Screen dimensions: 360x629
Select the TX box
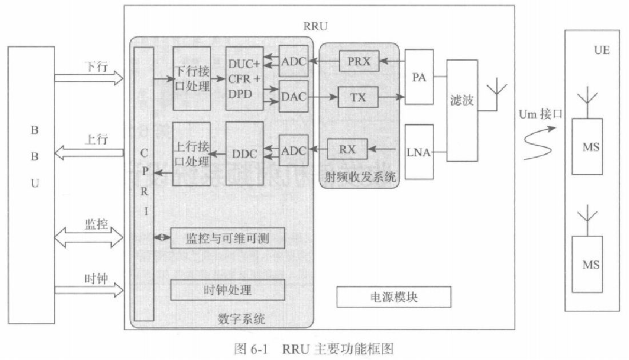359,98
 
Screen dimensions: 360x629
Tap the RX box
347,150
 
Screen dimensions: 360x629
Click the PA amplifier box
419,77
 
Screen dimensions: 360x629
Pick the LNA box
419,153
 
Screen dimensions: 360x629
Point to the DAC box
293,98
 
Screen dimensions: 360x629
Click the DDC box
244,153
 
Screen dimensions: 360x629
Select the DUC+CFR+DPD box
244,78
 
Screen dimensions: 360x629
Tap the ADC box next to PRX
293,62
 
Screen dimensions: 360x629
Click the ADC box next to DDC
293,150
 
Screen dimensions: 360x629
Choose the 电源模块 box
394,297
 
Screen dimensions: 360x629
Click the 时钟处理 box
228,290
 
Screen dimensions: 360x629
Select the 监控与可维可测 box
228,239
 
